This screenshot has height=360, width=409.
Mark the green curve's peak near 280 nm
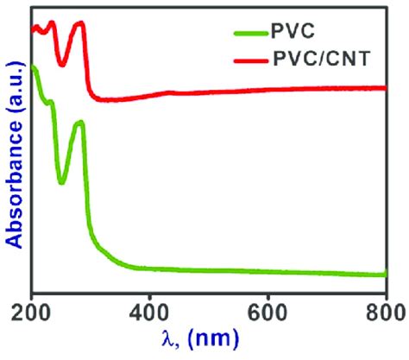tap(80, 123)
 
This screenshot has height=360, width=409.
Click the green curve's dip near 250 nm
tap(61, 182)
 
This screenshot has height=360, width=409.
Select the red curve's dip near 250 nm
tap(61, 64)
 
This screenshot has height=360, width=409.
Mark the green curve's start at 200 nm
tap(33, 67)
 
